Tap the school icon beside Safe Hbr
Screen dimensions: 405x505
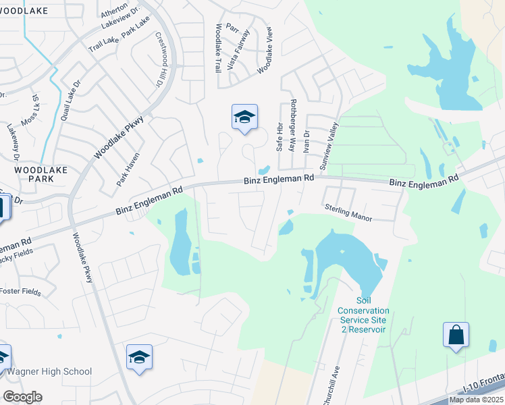coord(244,117)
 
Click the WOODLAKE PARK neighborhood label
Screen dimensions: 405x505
coord(41,174)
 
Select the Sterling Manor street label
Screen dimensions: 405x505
coord(348,213)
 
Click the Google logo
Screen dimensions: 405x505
coord(22,397)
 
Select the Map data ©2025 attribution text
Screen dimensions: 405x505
coord(477,400)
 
